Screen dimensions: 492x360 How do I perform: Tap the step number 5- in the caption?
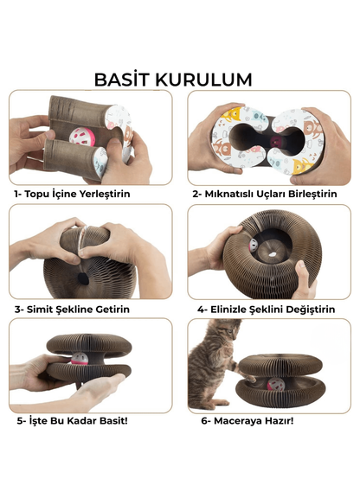[21, 421]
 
